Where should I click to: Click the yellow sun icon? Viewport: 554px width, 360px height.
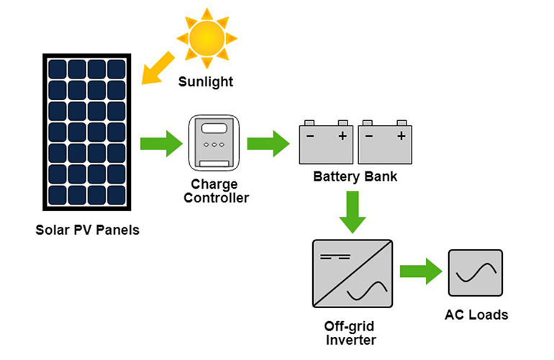point(207,38)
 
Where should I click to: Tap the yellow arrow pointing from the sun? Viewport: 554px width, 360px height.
point(158,68)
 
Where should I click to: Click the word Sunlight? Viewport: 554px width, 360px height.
point(206,81)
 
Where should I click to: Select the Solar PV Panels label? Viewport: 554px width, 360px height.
point(88,230)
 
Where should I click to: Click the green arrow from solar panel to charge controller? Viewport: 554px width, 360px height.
point(161,143)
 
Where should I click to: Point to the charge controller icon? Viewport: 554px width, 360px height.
point(214,143)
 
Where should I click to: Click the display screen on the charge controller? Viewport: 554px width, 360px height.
point(214,128)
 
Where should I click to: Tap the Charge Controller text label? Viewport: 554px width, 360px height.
point(217,191)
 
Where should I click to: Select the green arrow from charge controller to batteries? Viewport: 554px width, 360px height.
point(268,143)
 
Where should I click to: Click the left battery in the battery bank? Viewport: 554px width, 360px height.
point(326,142)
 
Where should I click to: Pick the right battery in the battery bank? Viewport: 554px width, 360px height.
point(385,142)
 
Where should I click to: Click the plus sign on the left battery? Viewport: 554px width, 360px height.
point(342,136)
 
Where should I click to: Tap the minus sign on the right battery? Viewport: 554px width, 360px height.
point(369,136)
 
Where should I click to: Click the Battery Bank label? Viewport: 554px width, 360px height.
point(355,176)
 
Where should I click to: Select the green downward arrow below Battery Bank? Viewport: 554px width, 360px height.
point(353,212)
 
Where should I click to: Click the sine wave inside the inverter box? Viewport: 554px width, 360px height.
point(367,291)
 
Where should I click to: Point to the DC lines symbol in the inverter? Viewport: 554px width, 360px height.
point(335,257)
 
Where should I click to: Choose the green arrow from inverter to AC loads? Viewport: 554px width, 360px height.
point(421,271)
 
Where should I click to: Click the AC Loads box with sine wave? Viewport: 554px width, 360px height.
point(476,273)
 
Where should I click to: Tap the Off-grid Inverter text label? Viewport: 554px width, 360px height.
point(350,333)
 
